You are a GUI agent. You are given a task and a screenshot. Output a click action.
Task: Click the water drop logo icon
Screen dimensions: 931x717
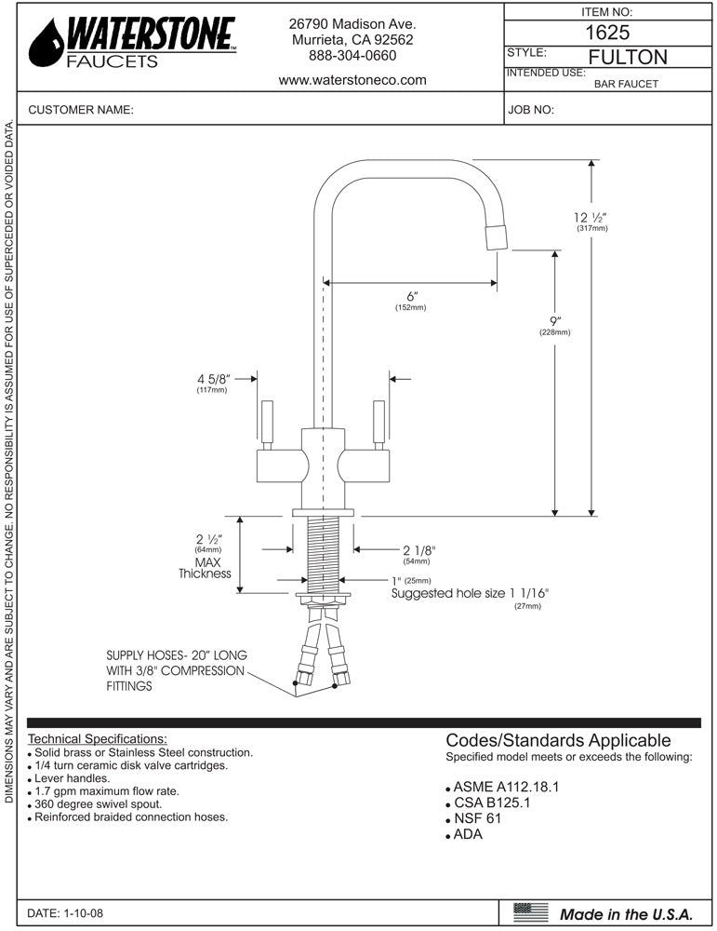pyautogui.click(x=46, y=44)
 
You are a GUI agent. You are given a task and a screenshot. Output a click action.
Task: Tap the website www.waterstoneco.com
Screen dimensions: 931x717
pyautogui.click(x=352, y=80)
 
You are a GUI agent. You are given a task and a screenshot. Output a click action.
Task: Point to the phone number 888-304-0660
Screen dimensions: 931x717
pyautogui.click(x=352, y=56)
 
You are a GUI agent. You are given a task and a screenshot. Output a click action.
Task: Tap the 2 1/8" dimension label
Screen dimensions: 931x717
pyautogui.click(x=418, y=550)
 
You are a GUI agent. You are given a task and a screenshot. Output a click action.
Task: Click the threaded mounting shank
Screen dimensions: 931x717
pyautogui.click(x=323, y=553)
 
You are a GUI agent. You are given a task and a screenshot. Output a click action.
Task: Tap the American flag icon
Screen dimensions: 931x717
pyautogui.click(x=531, y=912)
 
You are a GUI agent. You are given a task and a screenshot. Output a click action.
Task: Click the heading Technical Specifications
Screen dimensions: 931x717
pyautogui.click(x=98, y=738)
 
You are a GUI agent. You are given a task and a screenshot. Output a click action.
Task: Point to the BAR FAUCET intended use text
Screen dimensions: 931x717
pyautogui.click(x=626, y=84)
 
